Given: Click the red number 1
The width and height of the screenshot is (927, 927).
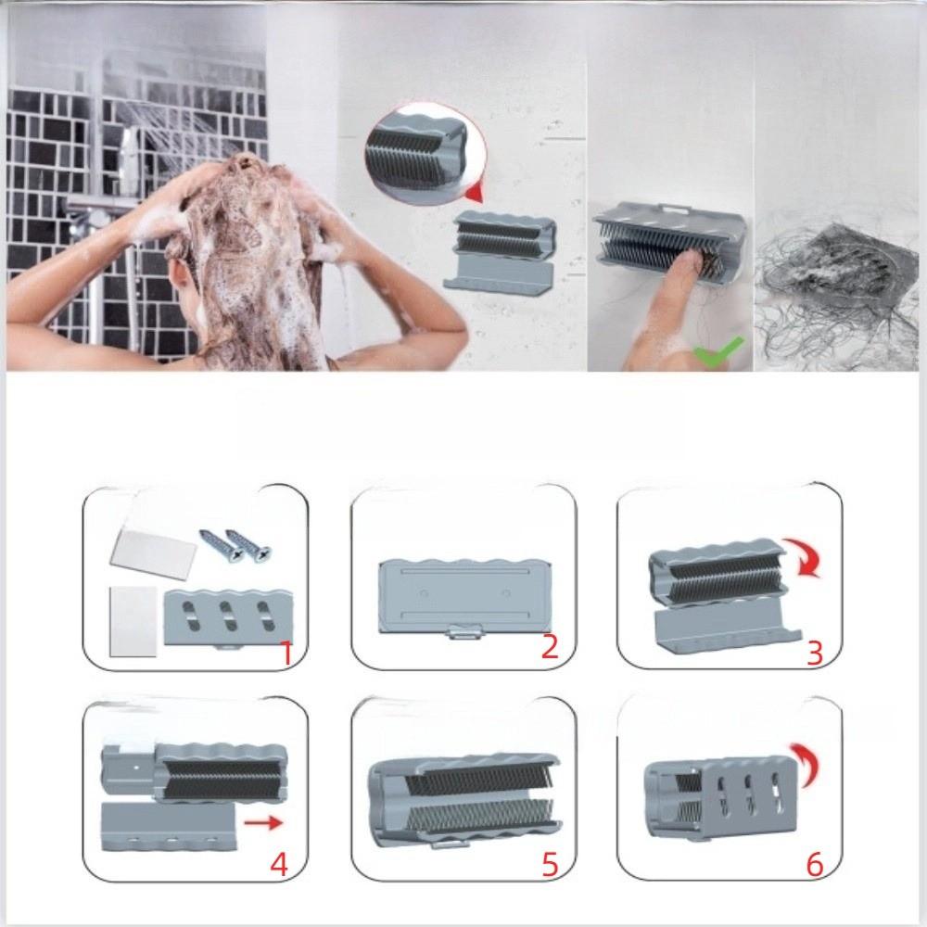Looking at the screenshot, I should [x=286, y=652].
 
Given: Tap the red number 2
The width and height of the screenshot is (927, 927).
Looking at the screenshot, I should [x=550, y=646].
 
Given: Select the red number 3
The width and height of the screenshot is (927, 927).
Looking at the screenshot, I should [x=815, y=653].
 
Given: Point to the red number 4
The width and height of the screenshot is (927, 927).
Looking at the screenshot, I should [x=279, y=864].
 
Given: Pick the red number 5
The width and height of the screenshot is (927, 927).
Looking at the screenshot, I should [x=550, y=865].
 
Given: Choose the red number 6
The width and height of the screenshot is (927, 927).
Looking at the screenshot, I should [x=815, y=865].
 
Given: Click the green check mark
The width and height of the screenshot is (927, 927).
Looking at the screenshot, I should [x=719, y=351].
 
